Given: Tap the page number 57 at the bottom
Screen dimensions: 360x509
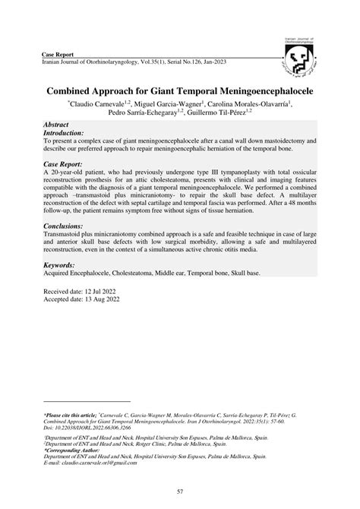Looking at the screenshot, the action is pyautogui.click(x=180, y=492).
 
